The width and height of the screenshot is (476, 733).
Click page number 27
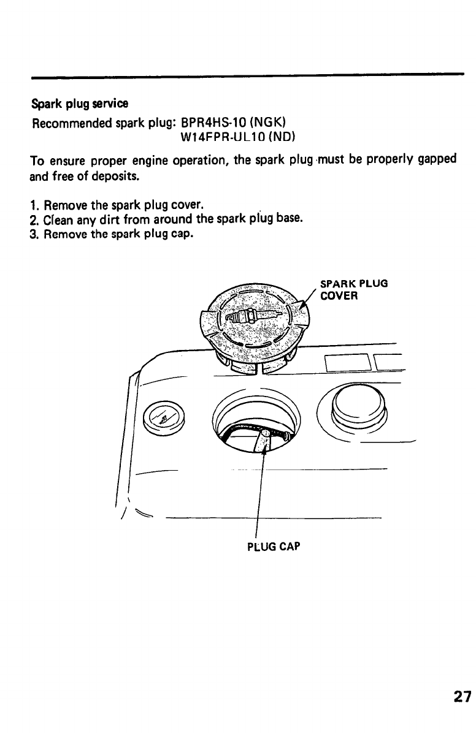coord(463,697)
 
